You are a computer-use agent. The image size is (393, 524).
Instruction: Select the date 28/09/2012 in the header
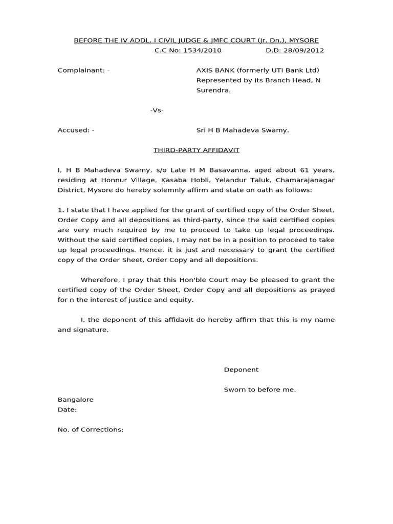[305, 51]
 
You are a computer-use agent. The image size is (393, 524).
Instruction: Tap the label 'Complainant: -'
[83, 70]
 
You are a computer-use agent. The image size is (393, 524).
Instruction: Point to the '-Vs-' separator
[157, 110]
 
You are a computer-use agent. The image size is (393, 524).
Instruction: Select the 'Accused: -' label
[76, 130]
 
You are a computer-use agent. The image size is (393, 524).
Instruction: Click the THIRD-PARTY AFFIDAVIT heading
[196, 150]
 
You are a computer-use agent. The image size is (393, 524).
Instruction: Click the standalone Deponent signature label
[241, 369]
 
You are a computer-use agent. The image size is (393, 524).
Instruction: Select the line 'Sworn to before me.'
[260, 389]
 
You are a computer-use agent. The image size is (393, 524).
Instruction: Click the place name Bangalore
[75, 400]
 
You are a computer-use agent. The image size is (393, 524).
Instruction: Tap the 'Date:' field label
[67, 409]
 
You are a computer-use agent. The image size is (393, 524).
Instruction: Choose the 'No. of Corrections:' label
[91, 429]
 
